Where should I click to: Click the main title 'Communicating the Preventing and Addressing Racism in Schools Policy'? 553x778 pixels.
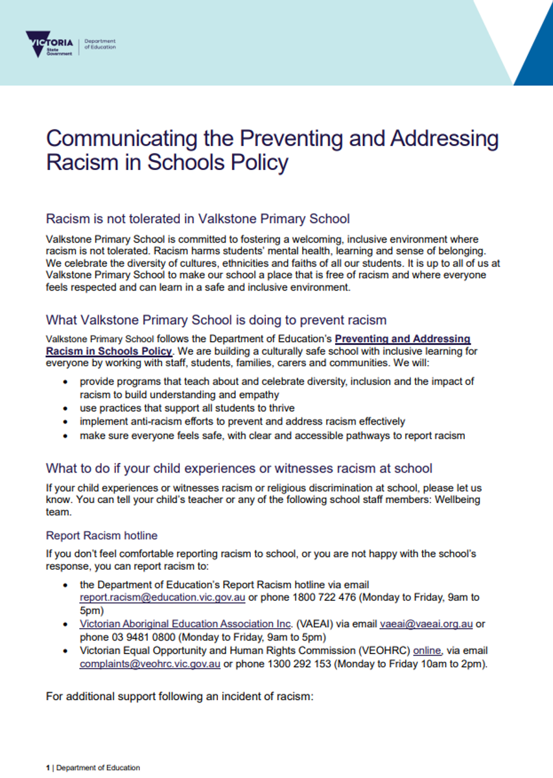tap(272, 150)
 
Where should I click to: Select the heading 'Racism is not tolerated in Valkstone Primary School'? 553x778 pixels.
tap(198, 218)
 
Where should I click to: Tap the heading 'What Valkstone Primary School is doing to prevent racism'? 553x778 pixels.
tap(216, 320)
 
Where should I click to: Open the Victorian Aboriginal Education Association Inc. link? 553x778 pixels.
tap(186, 624)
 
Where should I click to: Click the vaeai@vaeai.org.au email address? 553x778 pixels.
tap(427, 624)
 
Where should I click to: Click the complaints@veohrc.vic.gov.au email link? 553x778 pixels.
tap(150, 664)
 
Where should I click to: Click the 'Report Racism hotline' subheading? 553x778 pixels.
tap(102, 536)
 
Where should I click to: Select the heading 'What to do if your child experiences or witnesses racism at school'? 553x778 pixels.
tap(239, 468)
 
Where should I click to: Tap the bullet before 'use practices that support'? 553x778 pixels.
tap(65, 408)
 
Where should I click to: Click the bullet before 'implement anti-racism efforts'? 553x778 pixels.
tap(65, 421)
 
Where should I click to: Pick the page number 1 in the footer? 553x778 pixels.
tap(48, 768)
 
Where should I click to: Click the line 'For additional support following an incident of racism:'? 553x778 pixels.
tap(180, 697)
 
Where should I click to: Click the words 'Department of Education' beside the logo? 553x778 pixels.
tap(100, 44)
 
